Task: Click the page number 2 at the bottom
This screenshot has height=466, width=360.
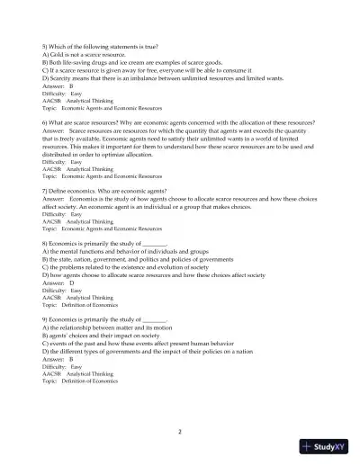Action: click(180, 432)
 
